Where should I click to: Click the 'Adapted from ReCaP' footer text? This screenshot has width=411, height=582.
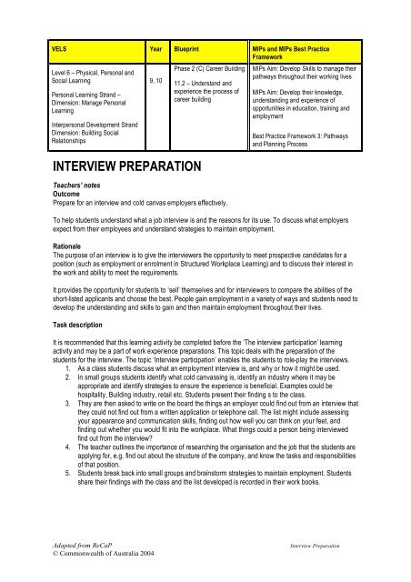[x=77, y=552]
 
